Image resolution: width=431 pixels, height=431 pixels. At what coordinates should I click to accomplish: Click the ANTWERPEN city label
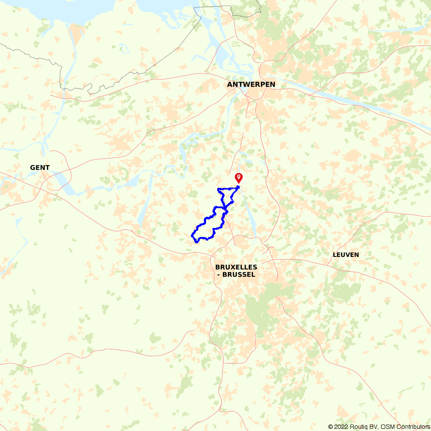point(251,84)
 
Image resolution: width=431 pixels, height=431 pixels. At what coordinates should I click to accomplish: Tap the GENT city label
point(40,168)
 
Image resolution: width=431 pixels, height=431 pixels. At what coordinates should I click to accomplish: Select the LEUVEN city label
point(346,255)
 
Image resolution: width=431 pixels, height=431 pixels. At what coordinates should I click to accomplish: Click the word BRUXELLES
point(236,267)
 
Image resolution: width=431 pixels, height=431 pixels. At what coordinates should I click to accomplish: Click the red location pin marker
point(238,178)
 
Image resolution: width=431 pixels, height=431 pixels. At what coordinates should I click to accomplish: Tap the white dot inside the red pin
point(238,176)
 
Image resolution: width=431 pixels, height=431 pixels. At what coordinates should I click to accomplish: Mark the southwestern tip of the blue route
point(192,235)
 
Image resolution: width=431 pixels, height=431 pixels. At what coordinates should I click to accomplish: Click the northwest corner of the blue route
point(218,189)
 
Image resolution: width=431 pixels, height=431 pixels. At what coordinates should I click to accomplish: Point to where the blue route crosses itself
point(226,208)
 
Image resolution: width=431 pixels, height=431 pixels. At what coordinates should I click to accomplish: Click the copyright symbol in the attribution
point(331,427)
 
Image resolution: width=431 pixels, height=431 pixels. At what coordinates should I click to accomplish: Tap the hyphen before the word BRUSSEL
point(219,275)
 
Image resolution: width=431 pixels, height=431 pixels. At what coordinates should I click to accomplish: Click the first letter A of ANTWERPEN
point(230,84)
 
